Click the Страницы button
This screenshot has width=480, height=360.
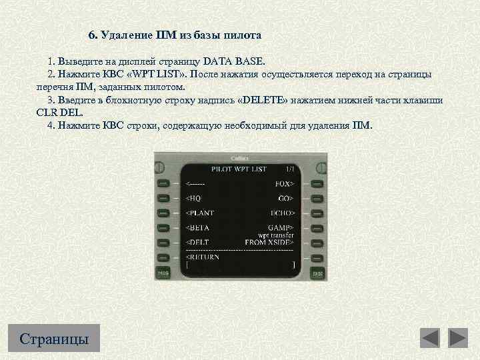click(x=55, y=338)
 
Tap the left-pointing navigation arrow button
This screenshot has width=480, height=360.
click(x=430, y=338)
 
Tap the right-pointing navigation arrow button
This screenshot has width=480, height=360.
click(x=458, y=338)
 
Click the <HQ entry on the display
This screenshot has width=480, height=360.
click(x=193, y=198)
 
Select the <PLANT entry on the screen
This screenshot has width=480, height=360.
click(x=200, y=213)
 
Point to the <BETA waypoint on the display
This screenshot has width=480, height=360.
click(x=198, y=227)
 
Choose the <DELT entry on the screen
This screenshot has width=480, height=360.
click(x=198, y=242)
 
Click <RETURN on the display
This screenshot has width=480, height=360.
click(x=203, y=257)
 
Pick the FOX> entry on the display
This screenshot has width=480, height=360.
click(x=285, y=183)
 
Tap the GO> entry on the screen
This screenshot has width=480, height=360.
click(x=287, y=198)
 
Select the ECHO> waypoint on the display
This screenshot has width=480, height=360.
click(x=282, y=213)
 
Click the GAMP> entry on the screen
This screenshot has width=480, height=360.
click(x=281, y=227)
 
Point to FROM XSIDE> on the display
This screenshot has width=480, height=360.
click(x=270, y=242)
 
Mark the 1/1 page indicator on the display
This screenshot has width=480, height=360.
click(x=289, y=169)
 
